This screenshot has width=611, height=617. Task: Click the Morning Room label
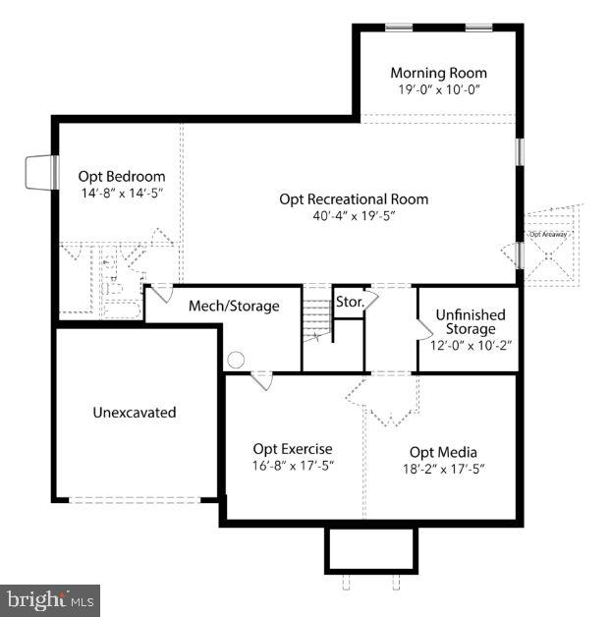coord(438,73)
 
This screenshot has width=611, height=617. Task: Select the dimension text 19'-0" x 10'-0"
coord(438,90)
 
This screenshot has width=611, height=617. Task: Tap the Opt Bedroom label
coord(122,176)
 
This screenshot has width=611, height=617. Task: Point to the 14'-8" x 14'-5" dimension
coord(122,194)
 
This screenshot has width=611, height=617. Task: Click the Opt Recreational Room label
coord(354,198)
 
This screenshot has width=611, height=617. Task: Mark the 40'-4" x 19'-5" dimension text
coord(354,216)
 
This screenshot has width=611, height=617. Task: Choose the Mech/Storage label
coord(234,306)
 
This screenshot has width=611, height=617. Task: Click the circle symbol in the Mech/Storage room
coord(236,360)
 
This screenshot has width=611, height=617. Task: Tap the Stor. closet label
coord(349,302)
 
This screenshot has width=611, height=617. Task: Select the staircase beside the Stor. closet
coord(316,316)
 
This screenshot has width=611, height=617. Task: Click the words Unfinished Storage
coord(471,321)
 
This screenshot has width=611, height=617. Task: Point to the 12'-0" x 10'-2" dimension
coord(471,345)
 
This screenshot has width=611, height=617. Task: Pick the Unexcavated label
coord(135,413)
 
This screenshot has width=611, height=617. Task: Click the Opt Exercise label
coord(293,449)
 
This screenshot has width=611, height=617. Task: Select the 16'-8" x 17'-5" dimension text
coord(293,467)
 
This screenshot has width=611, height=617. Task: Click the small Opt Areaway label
coord(548,235)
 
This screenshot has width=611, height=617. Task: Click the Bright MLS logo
coord(50,598)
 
